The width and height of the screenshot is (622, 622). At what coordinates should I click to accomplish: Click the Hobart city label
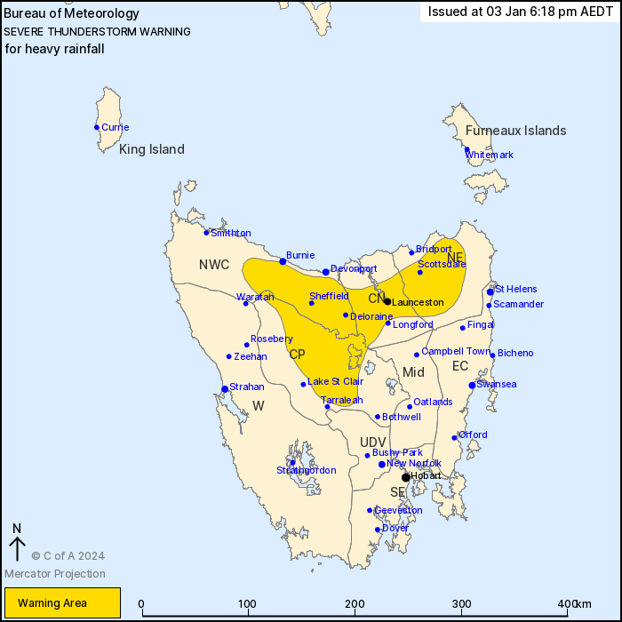[x=427, y=477]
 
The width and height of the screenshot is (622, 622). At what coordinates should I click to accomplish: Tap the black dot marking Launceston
[x=387, y=301]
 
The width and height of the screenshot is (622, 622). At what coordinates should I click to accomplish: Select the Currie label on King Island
[x=115, y=127]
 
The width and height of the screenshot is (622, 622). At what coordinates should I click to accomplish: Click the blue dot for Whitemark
[x=466, y=150]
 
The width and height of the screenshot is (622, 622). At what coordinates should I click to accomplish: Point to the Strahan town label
[x=246, y=387]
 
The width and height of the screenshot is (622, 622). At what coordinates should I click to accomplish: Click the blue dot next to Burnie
[x=283, y=261]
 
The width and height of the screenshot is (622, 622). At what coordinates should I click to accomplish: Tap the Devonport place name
[x=354, y=268]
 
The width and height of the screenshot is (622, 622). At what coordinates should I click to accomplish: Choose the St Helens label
[x=515, y=289]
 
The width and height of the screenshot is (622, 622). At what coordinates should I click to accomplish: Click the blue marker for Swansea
[x=472, y=385]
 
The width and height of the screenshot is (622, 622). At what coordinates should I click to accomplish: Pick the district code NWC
[x=214, y=265]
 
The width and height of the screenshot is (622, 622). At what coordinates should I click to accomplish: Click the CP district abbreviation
[x=297, y=354]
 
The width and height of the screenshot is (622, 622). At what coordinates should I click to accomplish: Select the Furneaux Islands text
[x=515, y=131]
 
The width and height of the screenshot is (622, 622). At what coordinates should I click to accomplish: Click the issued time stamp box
[x=519, y=12]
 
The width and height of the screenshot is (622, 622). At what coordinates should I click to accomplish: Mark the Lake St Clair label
[x=335, y=382]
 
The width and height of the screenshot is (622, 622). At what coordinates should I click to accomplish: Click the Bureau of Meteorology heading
[x=72, y=13]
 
